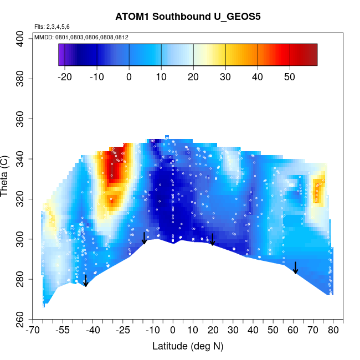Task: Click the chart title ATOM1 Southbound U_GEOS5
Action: (188, 17)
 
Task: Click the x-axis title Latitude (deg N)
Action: (188, 346)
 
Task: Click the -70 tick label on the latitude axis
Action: (34, 331)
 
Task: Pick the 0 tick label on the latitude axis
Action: (172, 331)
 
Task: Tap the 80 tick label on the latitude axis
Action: (333, 331)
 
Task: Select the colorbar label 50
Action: (290, 78)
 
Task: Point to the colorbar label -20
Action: (65, 78)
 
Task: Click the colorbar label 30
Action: (225, 78)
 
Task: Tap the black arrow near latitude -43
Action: (86, 281)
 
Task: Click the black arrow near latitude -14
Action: (144, 238)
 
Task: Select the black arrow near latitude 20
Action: (212, 240)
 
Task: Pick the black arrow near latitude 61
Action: (296, 268)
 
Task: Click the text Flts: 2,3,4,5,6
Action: (52, 27)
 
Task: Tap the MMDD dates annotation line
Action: (81, 37)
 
